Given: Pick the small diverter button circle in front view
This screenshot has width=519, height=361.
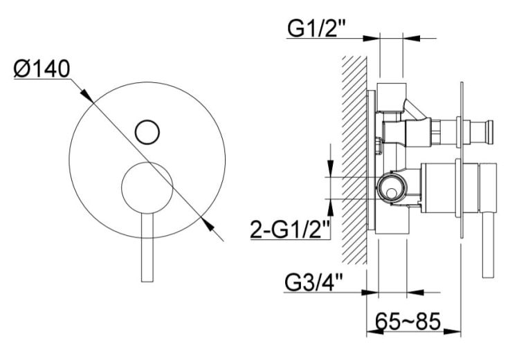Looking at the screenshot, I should click(147, 131).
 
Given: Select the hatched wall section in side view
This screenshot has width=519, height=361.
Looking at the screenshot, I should click(354, 159).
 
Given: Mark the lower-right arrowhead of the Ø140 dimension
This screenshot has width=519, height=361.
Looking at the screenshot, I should click(207, 223).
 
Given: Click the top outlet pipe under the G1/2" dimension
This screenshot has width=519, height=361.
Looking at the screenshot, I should click(392, 90).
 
